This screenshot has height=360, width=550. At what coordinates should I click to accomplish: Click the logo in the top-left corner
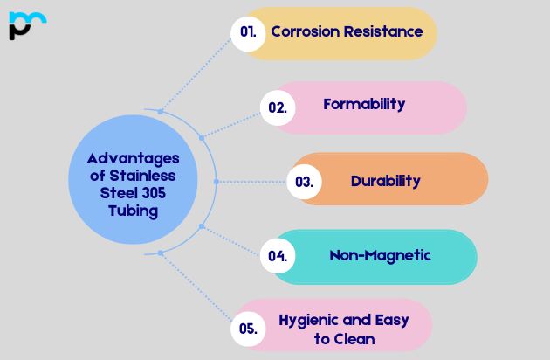(x=26, y=25)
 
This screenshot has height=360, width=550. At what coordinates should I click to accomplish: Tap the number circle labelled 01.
(x=249, y=32)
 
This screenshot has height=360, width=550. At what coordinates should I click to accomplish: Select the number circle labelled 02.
(x=278, y=107)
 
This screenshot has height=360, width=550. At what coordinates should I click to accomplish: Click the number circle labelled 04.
(x=278, y=256)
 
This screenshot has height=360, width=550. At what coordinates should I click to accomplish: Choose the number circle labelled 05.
(x=248, y=329)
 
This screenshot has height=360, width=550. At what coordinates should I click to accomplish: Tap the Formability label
(x=364, y=104)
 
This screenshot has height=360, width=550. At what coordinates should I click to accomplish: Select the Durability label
(x=385, y=181)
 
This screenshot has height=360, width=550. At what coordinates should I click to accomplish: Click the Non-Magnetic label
(x=380, y=255)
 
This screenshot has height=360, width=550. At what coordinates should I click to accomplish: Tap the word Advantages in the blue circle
(x=133, y=158)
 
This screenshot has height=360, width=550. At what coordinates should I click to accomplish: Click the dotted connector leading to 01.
(x=196, y=74)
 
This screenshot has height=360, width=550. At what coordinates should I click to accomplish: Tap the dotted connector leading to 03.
(x=253, y=182)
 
